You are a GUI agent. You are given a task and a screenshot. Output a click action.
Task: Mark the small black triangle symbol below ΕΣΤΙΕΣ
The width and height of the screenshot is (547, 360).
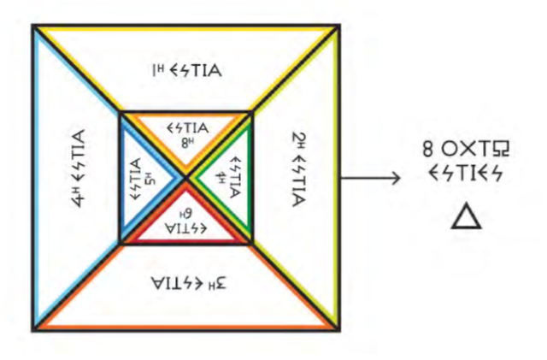[464, 218]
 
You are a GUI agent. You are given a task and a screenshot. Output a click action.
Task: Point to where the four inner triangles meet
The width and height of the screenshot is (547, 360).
[185, 177]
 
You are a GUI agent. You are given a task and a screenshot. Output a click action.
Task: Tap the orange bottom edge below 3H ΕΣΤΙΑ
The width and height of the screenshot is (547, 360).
[185, 326]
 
